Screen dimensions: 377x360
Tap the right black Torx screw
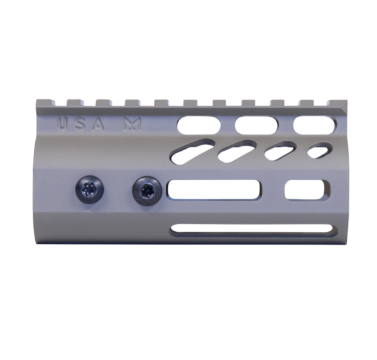pyautogui.click(x=146, y=189)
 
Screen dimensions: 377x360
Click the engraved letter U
pyautogui.click(x=62, y=123)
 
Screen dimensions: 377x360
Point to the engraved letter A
pyautogui.click(x=99, y=124)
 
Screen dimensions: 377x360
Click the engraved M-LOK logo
pyautogui.click(x=132, y=124)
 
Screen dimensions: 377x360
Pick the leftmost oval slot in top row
pyautogui.click(x=199, y=124)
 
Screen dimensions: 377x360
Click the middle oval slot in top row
pyautogui.click(x=257, y=125)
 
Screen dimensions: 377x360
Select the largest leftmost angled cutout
pyautogui.click(x=192, y=150)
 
